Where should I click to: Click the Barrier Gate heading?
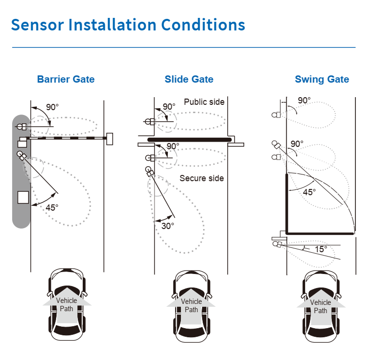(66, 79)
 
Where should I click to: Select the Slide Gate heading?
(189, 79)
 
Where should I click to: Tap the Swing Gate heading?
(322, 79)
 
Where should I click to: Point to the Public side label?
(204, 102)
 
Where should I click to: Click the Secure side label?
(202, 178)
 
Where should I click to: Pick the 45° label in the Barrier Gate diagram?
(52, 207)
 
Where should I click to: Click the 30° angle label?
(167, 226)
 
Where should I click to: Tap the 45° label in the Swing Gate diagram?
(309, 192)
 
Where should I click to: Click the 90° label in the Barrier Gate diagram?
(52, 107)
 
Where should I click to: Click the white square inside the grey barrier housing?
(23, 197)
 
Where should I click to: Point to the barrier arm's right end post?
(110, 139)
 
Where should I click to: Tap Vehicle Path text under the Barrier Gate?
(67, 304)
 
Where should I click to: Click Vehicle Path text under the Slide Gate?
(192, 305)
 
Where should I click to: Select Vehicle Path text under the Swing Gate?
(320, 306)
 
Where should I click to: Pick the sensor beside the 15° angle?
(279, 245)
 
